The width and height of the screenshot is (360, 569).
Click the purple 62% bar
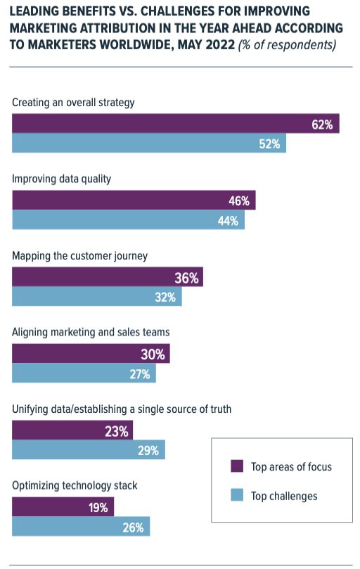click(x=176, y=124)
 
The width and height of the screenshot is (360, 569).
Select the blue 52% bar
click(x=149, y=143)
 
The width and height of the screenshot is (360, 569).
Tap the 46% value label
click(x=239, y=200)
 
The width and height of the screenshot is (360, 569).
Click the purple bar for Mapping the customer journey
click(x=107, y=277)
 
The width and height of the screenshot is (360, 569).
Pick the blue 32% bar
click(x=97, y=297)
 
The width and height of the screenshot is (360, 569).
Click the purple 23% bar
click(x=72, y=431)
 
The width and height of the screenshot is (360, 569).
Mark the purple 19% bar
click(x=63, y=508)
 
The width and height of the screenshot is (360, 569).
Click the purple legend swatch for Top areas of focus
click(x=237, y=466)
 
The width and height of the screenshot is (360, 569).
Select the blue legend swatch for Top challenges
click(x=237, y=496)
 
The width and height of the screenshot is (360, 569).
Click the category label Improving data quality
click(x=62, y=179)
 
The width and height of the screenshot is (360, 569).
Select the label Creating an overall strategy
click(x=73, y=102)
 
